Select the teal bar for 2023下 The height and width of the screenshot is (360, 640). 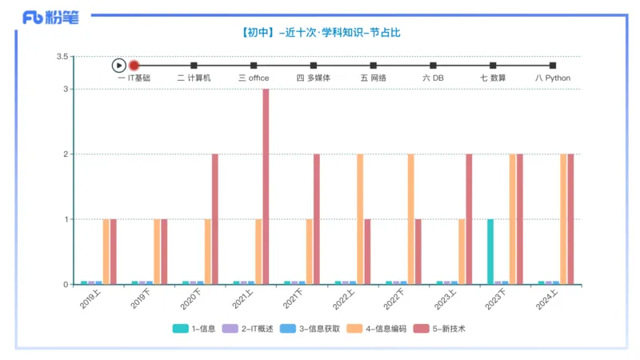coord(490,251)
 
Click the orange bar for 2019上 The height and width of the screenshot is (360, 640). coord(106,251)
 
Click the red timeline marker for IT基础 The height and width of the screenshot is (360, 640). coord(134,66)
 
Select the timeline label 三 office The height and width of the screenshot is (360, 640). coord(254,78)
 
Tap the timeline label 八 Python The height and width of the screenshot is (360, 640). coord(553,78)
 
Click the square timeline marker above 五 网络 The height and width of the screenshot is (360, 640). coord(373,66)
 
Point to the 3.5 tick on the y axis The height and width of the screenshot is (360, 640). coord(62,57)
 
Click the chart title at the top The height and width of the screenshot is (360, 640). coord(320,33)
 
